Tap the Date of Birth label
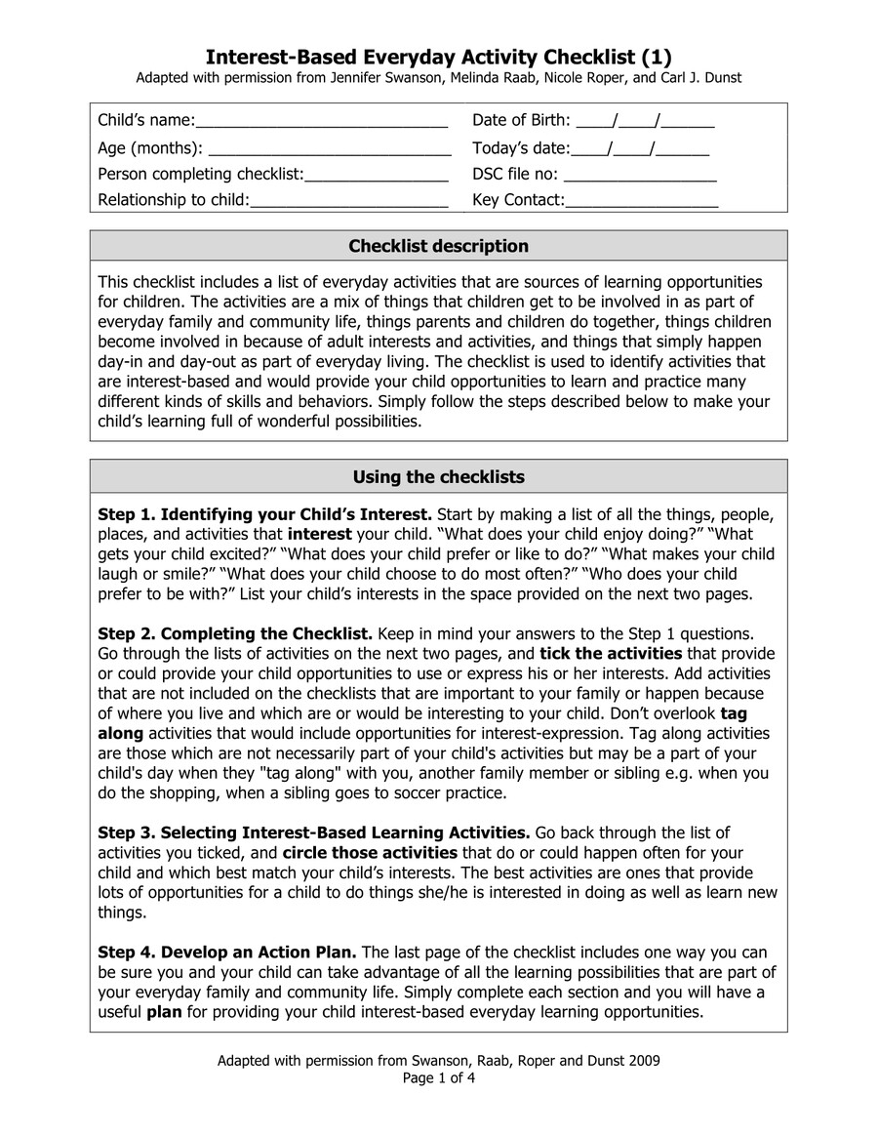521,121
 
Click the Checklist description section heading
438,246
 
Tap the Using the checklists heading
438,477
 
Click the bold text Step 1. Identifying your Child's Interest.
264,514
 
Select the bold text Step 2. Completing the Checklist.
235,633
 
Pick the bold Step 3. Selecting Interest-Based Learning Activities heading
314,832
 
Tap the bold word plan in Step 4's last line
164,1011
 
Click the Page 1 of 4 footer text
438,1078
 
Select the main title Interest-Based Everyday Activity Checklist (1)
438,56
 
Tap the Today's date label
520,148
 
